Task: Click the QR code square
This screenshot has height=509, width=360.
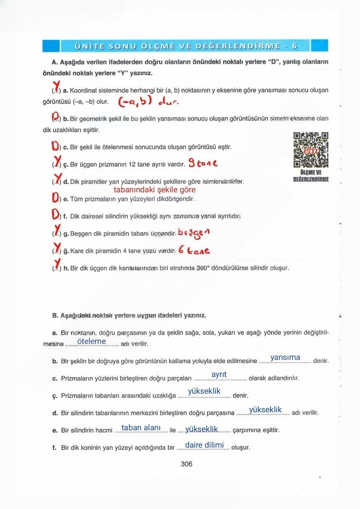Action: (310, 150)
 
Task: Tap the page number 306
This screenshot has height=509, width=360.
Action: (186, 464)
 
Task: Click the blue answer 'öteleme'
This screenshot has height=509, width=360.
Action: (91, 342)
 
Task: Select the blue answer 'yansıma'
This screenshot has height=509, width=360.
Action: (285, 358)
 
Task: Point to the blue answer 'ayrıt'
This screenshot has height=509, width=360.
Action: (219, 374)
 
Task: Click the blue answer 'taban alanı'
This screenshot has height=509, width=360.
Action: (141, 428)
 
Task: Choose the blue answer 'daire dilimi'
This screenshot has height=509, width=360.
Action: (204, 445)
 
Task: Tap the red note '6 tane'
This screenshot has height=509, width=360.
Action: (194, 250)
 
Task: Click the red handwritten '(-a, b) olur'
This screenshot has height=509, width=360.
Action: (148, 103)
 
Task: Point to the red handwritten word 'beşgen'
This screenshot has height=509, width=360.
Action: (194, 233)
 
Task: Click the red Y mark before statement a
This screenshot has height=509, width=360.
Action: (56, 86)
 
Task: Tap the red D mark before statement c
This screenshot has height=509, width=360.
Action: (55, 146)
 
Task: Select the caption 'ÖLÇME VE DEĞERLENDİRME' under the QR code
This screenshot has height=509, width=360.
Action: (310, 176)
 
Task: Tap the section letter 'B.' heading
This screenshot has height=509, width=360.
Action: (55, 315)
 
